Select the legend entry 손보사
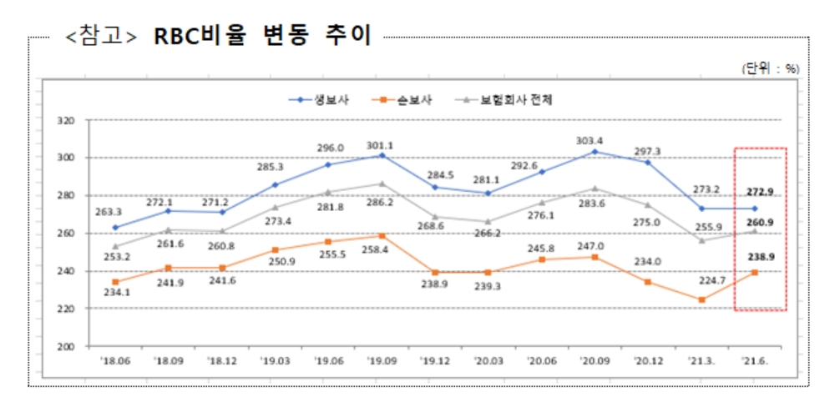point(416,99)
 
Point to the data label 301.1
point(381,145)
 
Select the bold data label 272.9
point(759,192)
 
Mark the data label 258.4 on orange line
point(381,249)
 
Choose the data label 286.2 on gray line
point(381,203)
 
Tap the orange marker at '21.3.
point(701,299)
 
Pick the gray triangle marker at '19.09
point(382,183)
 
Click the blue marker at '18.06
point(114,227)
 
